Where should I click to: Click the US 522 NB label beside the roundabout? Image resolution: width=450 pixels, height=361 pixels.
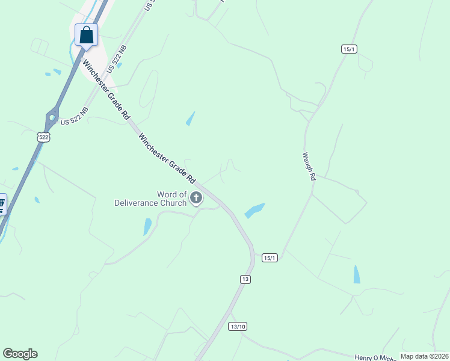pyautogui.click(x=74, y=116)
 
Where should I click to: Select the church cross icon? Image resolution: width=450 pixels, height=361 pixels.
pyautogui.click(x=196, y=197)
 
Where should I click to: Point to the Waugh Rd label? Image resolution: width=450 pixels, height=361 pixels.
pyautogui.click(x=308, y=165)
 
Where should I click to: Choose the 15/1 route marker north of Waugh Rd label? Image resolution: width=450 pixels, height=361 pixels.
pyautogui.click(x=349, y=49)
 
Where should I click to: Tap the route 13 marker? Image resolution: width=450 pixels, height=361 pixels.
pyautogui.click(x=245, y=279)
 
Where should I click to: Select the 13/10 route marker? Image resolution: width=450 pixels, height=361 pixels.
pyautogui.click(x=238, y=326)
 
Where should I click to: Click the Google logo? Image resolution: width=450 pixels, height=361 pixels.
pyautogui.click(x=20, y=354)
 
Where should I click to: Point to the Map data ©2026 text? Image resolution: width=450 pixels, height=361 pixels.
pyautogui.click(x=424, y=356)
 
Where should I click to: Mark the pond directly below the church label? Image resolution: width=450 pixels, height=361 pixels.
pyautogui.click(x=147, y=226)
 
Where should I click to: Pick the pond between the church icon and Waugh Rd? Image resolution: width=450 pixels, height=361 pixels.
pyautogui.click(x=254, y=211)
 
